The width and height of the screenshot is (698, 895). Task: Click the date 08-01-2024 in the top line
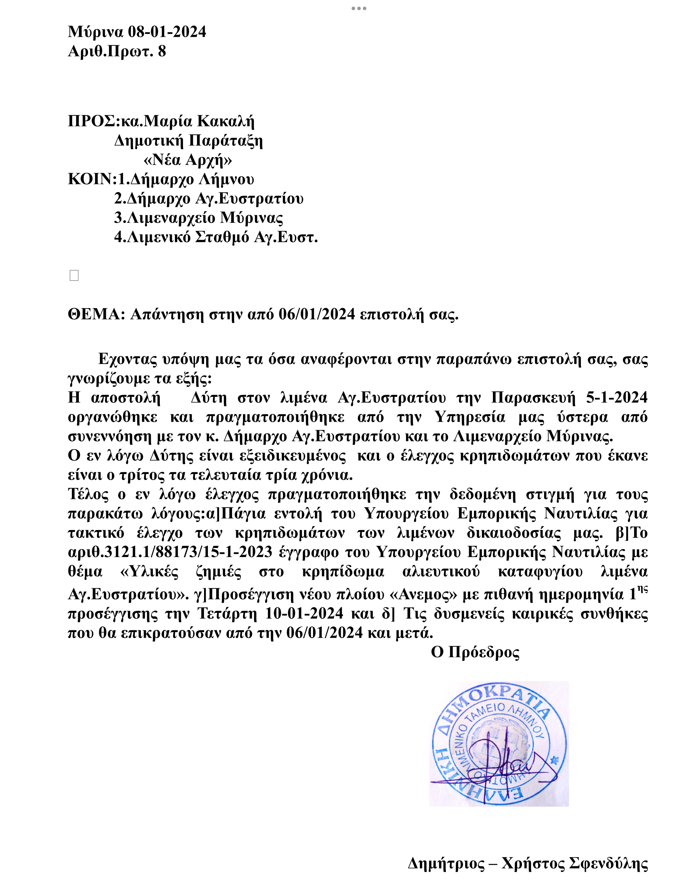tap(167, 32)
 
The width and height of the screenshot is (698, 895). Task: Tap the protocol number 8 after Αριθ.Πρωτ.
tap(162, 51)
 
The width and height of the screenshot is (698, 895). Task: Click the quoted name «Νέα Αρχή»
tap(188, 160)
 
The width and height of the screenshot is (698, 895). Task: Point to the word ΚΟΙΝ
tap(90, 179)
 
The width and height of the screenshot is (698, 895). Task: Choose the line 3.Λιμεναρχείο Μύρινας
tap(198, 218)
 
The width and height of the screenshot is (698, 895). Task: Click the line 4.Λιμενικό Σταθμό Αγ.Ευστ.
tap(216, 237)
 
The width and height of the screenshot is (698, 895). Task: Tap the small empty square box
tap(74, 276)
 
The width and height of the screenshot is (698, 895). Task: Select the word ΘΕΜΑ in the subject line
tap(94, 314)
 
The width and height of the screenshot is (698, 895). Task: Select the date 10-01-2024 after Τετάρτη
tap(304, 613)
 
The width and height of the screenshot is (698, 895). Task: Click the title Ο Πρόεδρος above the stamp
tap(475, 652)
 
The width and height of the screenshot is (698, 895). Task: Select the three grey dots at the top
tap(359, 8)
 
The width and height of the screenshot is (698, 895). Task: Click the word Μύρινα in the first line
tap(95, 32)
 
